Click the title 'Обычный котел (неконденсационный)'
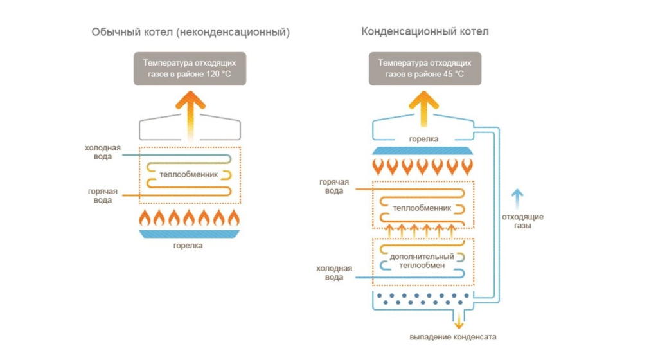(x=190, y=32)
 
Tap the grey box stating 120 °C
(x=190, y=69)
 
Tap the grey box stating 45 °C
(x=425, y=69)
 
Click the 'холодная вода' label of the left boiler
(x=103, y=152)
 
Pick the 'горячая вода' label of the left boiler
(x=103, y=195)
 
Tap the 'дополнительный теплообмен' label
(x=422, y=261)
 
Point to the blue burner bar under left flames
(x=190, y=235)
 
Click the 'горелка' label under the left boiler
(x=190, y=246)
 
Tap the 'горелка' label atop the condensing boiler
(x=424, y=138)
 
